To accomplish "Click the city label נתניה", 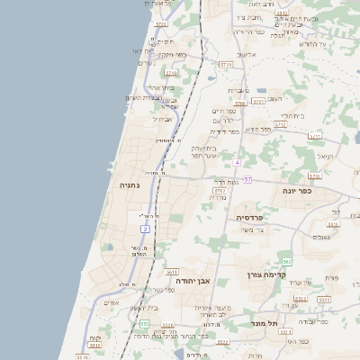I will [130, 185].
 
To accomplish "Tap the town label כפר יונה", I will [295, 192].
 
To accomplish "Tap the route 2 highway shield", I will [145, 229].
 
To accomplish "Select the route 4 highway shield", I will [237, 162].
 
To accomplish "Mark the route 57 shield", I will [247, 180].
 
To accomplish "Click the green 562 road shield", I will [286, 261].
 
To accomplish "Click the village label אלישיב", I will [247, 55].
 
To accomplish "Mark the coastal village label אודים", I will [112, 302].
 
